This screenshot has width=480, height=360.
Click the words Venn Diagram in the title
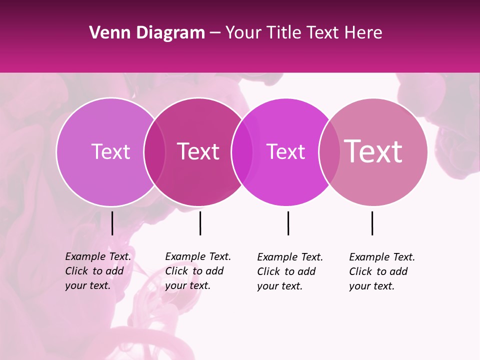pyautogui.click(x=147, y=33)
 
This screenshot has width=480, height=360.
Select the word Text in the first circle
pyautogui.click(x=110, y=151)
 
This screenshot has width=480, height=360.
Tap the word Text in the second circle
pyautogui.click(x=198, y=151)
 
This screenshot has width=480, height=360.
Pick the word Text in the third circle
pyautogui.click(x=285, y=151)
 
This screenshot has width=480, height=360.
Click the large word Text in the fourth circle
pyautogui.click(x=373, y=151)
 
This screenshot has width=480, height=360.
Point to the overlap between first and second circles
pyautogui.click(x=154, y=151)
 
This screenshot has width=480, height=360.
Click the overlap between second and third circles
pyautogui.click(x=241, y=151)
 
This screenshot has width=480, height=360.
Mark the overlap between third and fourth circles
pyautogui.click(x=328, y=151)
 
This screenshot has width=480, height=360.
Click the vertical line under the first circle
pyautogui.click(x=112, y=223)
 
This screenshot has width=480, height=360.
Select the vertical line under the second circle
pyautogui.click(x=200, y=223)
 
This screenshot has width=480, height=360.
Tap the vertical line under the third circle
pyautogui.click(x=288, y=223)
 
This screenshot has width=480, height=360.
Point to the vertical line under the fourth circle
pyautogui.click(x=372, y=223)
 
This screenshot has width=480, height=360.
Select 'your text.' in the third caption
pyautogui.click(x=279, y=286)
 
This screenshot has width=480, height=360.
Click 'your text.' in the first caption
pyautogui.click(x=87, y=285)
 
